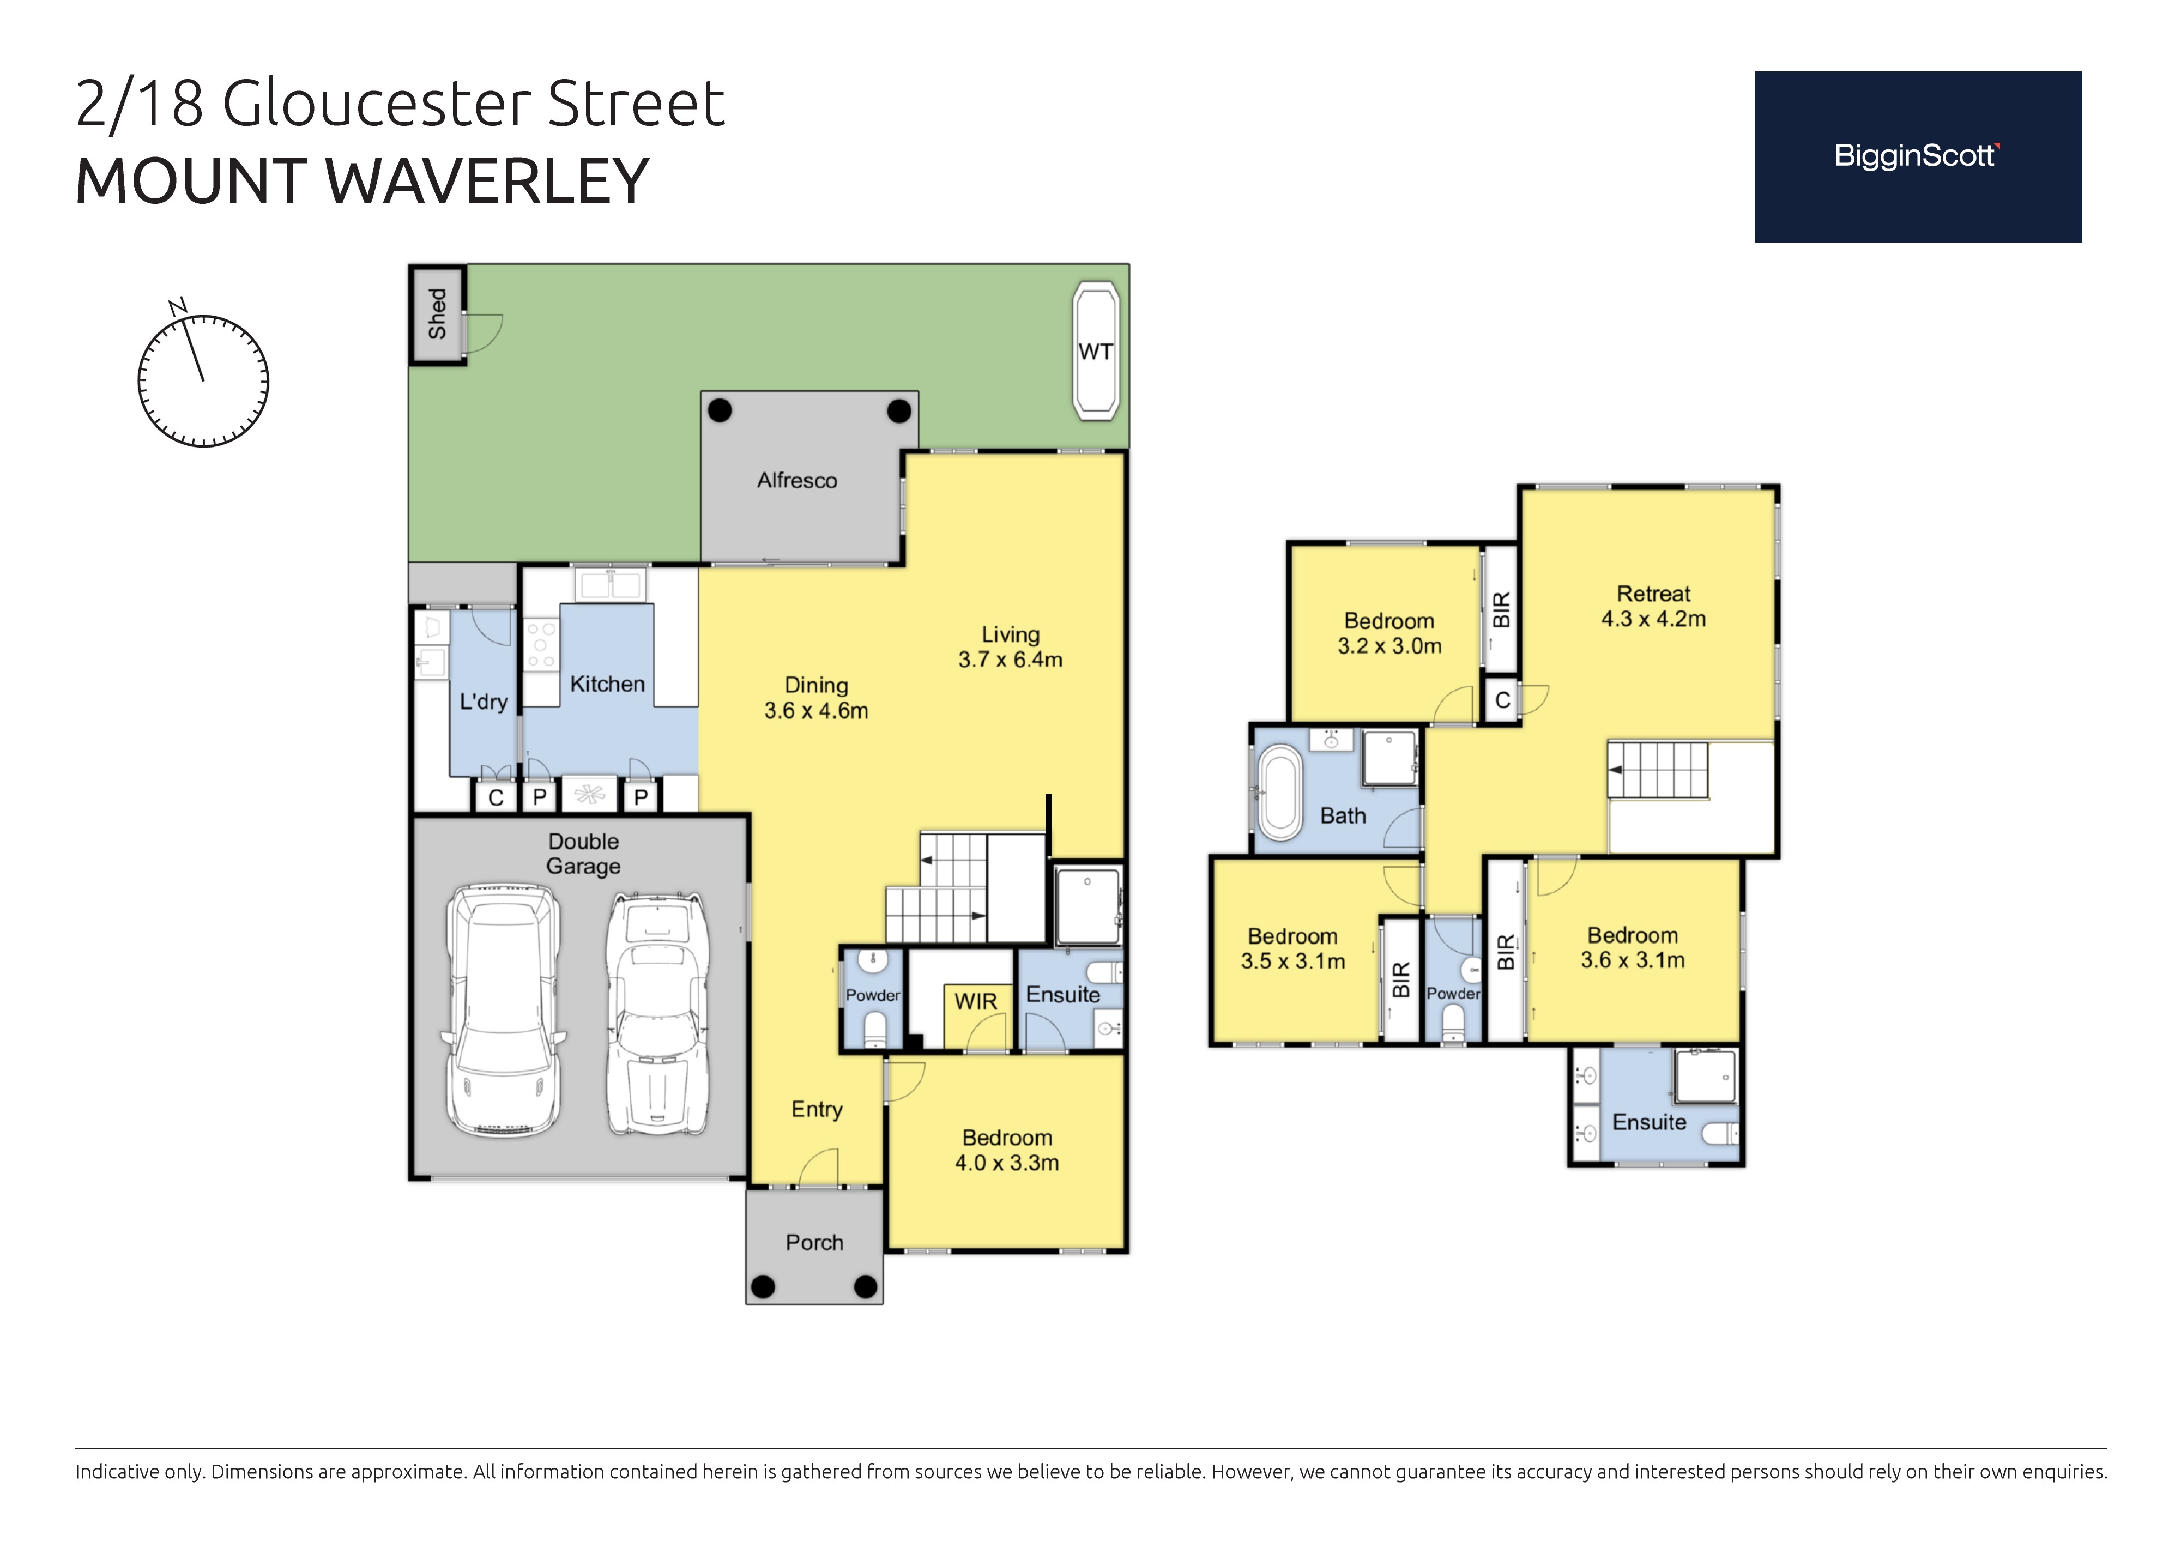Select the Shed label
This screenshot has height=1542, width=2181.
pyautogui.click(x=437, y=313)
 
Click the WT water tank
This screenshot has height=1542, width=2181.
pyautogui.click(x=1095, y=352)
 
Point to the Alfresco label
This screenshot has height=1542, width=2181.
pyautogui.click(x=797, y=481)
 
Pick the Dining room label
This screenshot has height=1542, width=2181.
pyautogui.click(x=816, y=685)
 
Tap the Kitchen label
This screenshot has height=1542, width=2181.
pyautogui.click(x=607, y=684)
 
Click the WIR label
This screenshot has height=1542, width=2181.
pyautogui.click(x=976, y=1001)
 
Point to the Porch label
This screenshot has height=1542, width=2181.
pyautogui.click(x=814, y=1243)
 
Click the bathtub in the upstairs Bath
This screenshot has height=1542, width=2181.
pyautogui.click(x=1279, y=793)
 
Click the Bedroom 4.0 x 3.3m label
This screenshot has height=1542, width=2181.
pyautogui.click(x=1007, y=1150)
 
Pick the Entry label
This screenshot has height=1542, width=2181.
pyautogui.click(x=817, y=1110)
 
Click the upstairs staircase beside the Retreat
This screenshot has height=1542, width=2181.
pyautogui.click(x=1658, y=770)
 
